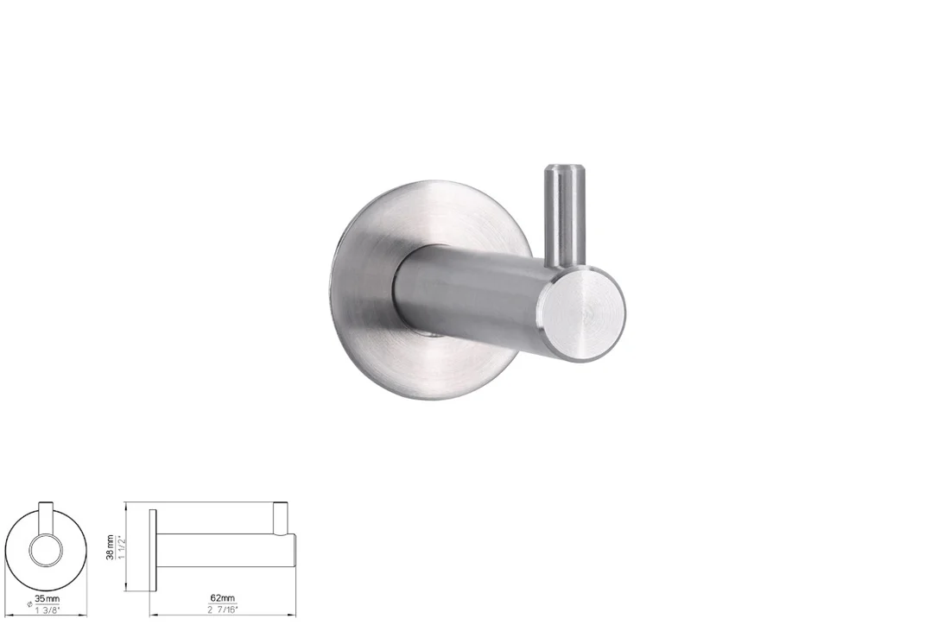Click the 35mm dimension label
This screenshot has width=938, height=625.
click(48, 598)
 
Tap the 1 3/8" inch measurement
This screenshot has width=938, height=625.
click(48, 610)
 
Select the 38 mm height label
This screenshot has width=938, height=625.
click(110, 547)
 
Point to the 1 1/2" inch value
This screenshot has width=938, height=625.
click(121, 547)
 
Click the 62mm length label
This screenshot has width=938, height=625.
click(223, 597)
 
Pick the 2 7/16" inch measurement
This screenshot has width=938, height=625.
click(223, 609)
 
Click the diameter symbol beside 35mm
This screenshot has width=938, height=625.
click(29, 604)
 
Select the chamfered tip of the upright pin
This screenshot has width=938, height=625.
click(563, 167)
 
